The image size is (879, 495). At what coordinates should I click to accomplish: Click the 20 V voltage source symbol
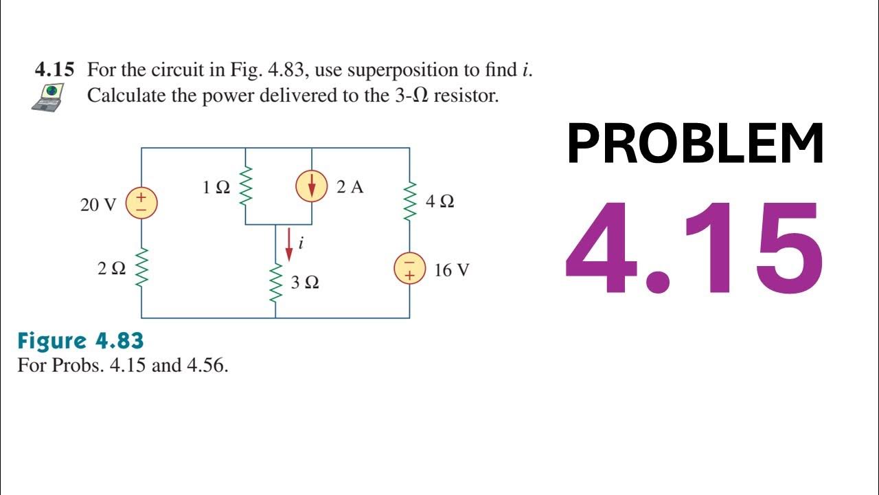(x=141, y=203)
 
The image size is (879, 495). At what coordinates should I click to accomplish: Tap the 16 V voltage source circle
(x=410, y=269)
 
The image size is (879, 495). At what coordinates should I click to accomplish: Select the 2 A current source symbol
(x=312, y=187)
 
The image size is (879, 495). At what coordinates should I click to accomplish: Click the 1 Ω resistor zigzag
(x=245, y=187)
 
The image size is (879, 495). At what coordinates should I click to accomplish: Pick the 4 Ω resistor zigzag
(x=410, y=201)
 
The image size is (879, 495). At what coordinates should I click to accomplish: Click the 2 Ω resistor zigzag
(x=141, y=268)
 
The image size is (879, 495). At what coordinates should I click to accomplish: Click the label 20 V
(x=100, y=205)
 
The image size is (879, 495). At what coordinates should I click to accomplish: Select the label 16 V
(x=452, y=270)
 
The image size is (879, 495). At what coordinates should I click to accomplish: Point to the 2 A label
(x=350, y=187)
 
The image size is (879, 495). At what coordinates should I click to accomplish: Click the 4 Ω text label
(x=440, y=202)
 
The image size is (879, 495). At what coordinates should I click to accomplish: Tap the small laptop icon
(x=48, y=96)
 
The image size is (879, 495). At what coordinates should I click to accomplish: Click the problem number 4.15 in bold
(x=55, y=70)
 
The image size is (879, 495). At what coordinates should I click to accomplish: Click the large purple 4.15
(x=694, y=247)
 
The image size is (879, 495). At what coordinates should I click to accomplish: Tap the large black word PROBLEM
(x=695, y=144)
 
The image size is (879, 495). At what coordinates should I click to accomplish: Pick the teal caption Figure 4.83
(x=80, y=341)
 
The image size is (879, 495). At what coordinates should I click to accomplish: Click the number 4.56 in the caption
(x=205, y=365)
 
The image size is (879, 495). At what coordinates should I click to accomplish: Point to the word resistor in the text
(x=466, y=96)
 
